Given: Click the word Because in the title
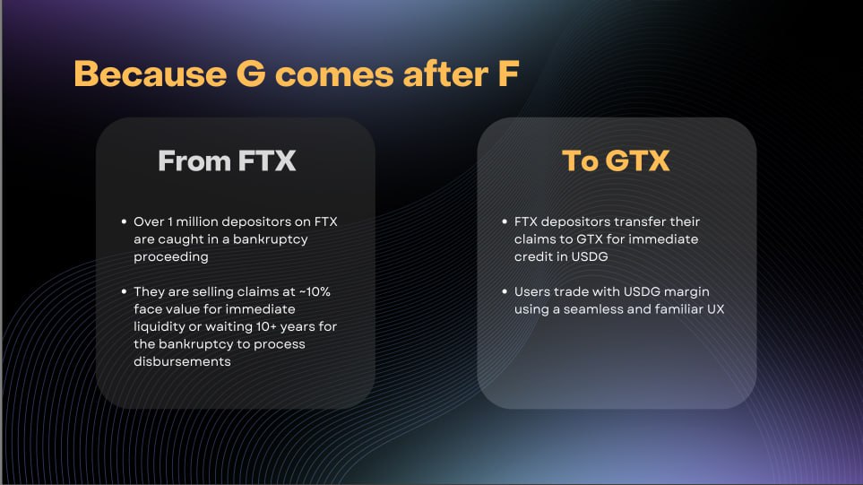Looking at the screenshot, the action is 151,74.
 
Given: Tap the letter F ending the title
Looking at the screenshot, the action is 508,74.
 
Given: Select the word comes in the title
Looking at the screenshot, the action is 334,75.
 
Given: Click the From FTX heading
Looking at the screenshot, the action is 227,160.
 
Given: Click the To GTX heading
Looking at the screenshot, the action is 616,160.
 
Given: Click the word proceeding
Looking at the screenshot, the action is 171,257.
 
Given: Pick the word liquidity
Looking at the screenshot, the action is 159,327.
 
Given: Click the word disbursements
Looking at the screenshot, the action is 182,361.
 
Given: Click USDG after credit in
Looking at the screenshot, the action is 590,257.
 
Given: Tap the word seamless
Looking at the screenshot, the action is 592,309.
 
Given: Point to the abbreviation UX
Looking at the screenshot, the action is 715,309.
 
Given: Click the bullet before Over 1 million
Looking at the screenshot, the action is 124,221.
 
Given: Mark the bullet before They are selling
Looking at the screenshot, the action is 124,291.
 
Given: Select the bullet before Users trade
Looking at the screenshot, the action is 505,291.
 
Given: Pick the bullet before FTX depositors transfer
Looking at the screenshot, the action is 505,221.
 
